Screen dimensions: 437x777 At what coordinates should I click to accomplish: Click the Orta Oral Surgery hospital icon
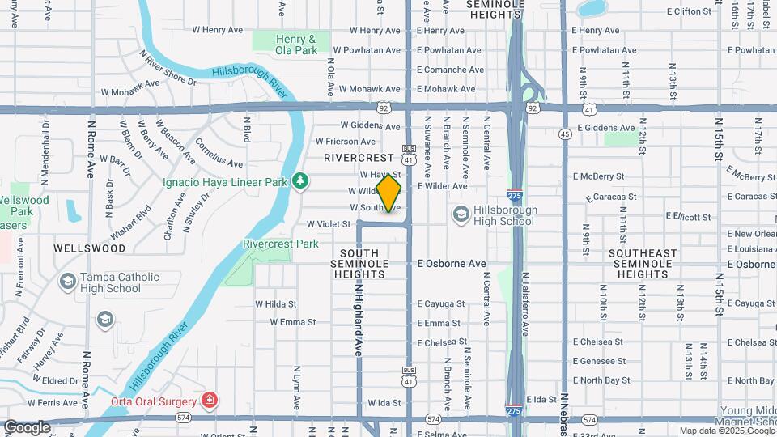(209, 401)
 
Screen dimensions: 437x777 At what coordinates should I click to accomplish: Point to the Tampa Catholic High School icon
(68, 281)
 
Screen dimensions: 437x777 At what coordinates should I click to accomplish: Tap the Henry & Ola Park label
(295, 45)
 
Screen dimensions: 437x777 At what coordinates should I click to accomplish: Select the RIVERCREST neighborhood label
(359, 158)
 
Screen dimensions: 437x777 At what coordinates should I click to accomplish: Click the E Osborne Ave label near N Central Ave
(452, 264)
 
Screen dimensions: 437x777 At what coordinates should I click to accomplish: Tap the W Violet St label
(328, 224)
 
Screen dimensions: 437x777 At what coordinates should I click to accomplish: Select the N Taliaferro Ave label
(525, 303)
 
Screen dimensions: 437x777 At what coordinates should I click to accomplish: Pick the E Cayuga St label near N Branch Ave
(441, 304)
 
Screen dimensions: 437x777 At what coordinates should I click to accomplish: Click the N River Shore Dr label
(168, 68)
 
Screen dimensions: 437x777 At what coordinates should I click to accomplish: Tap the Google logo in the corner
(28, 426)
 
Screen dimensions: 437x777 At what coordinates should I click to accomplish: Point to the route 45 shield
(565, 134)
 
